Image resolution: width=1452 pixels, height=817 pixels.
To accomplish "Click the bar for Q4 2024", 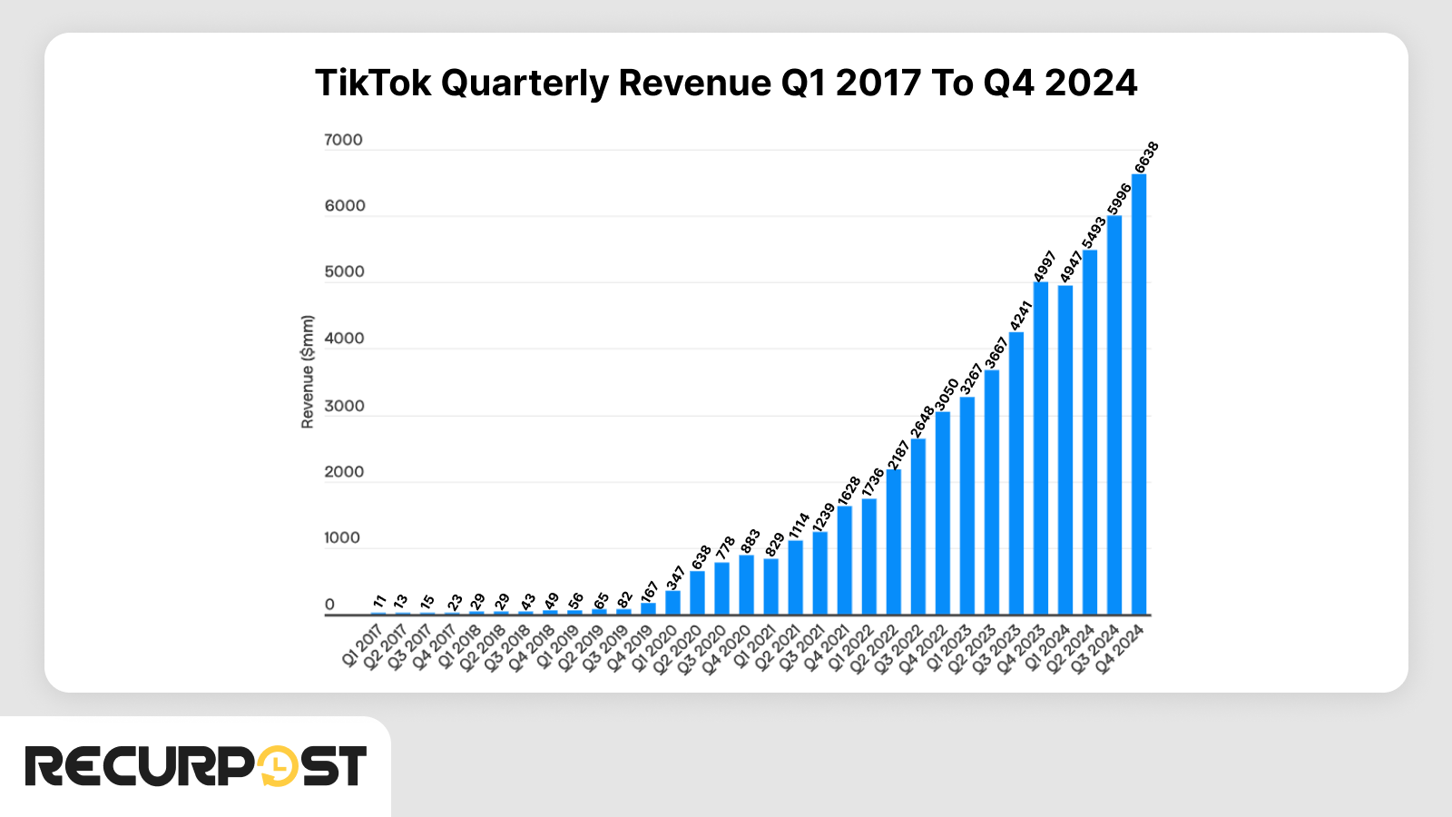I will coord(1139,395).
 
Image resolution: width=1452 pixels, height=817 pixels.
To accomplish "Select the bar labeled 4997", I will coord(1041,448).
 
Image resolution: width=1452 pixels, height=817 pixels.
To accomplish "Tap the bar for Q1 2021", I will coord(770,586).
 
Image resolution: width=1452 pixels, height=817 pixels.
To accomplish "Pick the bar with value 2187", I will coord(894,542).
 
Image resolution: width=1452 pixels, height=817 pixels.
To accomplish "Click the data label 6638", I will coord(1147,157).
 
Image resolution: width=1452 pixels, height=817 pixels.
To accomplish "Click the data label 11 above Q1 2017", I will coord(379,601).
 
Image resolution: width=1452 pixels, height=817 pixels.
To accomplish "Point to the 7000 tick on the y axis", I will coord(343,140).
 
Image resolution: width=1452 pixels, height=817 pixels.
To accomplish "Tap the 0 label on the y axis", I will coord(329,605).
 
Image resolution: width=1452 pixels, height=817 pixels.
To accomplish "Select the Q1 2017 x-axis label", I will coord(361,646).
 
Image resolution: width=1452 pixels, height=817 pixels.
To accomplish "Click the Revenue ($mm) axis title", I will coord(308,372).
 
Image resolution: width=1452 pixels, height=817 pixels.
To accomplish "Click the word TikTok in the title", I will coord(372,84).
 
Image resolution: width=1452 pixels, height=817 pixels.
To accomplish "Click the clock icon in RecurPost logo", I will coord(277,767).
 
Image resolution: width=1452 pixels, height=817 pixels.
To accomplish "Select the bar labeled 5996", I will coord(1114,415).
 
